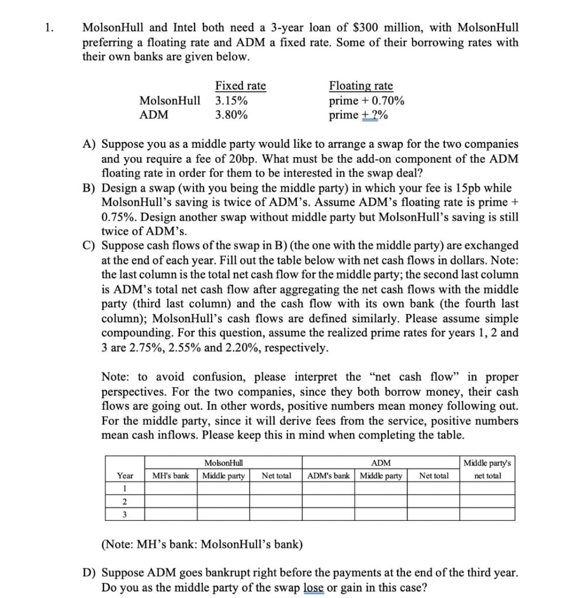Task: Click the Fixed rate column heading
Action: coord(240,86)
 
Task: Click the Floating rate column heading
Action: coord(361,86)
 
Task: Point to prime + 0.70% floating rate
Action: coord(366,100)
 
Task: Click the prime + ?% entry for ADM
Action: coord(358,115)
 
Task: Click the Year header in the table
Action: coord(125,476)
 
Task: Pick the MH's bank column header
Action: coord(170,476)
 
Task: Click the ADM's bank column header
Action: coord(329,476)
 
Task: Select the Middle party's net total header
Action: coord(487,470)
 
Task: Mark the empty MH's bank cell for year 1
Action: coord(170,489)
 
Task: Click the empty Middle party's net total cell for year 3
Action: coord(487,514)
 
